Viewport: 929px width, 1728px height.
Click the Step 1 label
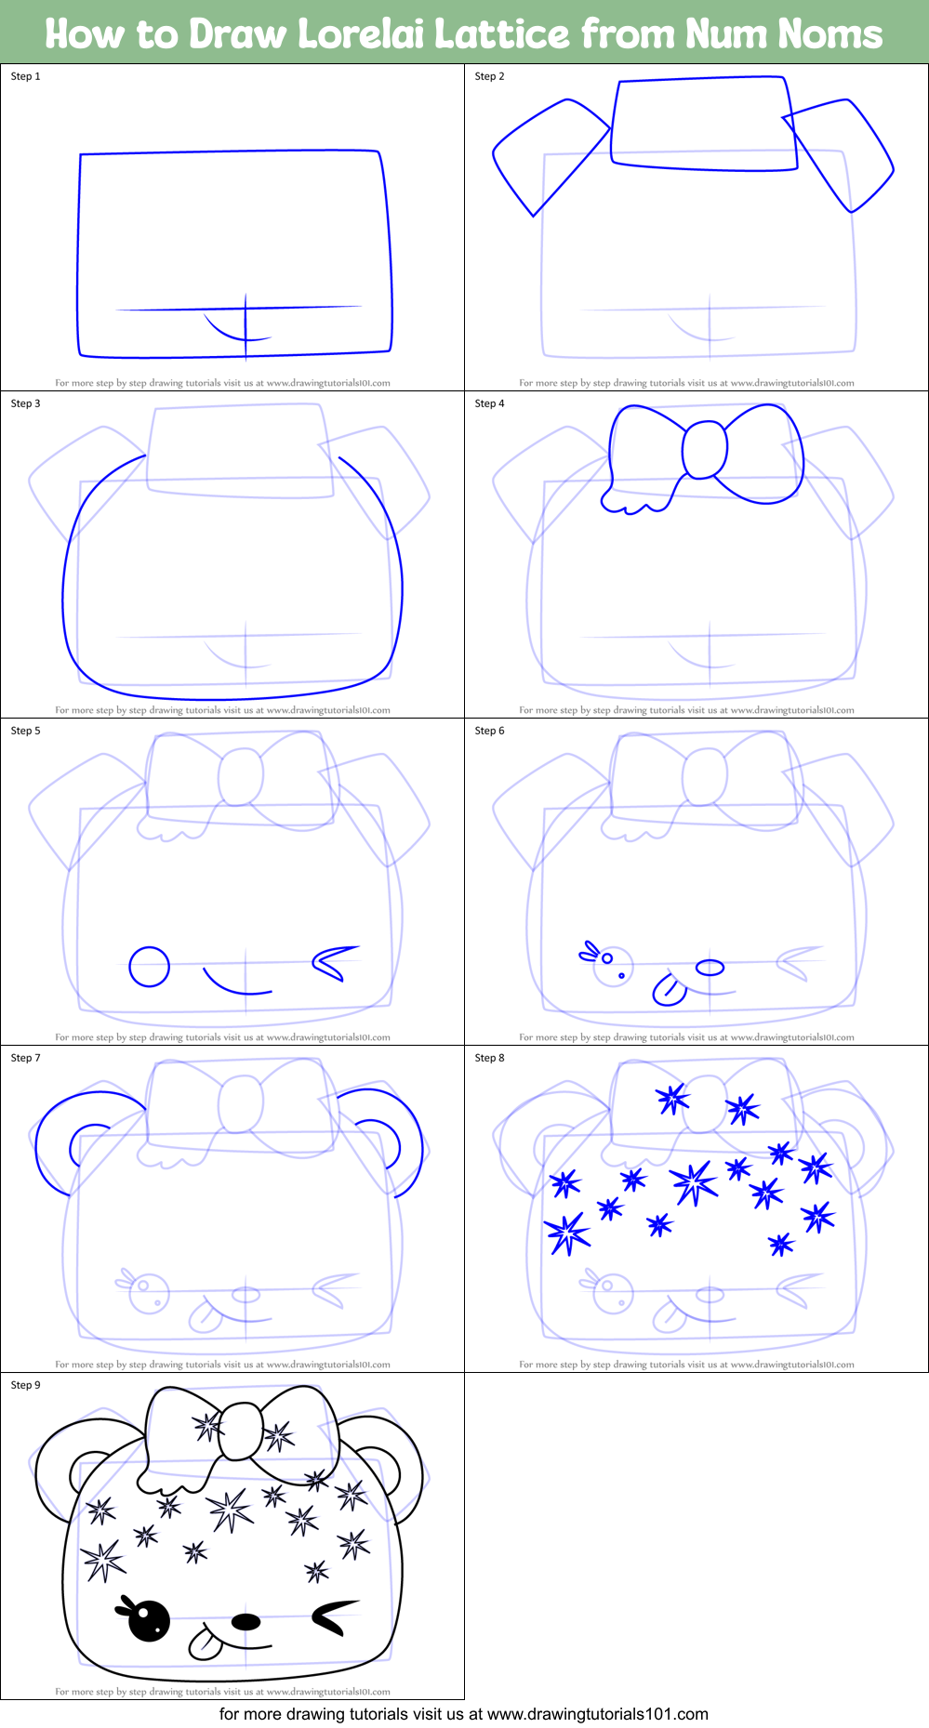[x=26, y=76]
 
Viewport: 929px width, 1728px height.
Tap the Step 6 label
[x=489, y=731]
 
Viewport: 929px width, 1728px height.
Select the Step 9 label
[x=26, y=1385]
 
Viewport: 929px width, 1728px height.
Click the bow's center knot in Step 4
[x=705, y=450]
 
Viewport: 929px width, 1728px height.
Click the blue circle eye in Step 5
[x=149, y=967]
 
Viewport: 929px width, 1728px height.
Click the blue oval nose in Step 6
[x=710, y=968]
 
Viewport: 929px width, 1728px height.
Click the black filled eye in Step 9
[x=149, y=1621]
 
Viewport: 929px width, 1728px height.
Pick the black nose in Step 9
[x=246, y=1622]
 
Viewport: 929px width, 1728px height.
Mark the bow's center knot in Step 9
[x=241, y=1431]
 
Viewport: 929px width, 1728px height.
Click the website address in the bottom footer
[x=597, y=1714]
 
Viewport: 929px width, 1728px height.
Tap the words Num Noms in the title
[x=783, y=34]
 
